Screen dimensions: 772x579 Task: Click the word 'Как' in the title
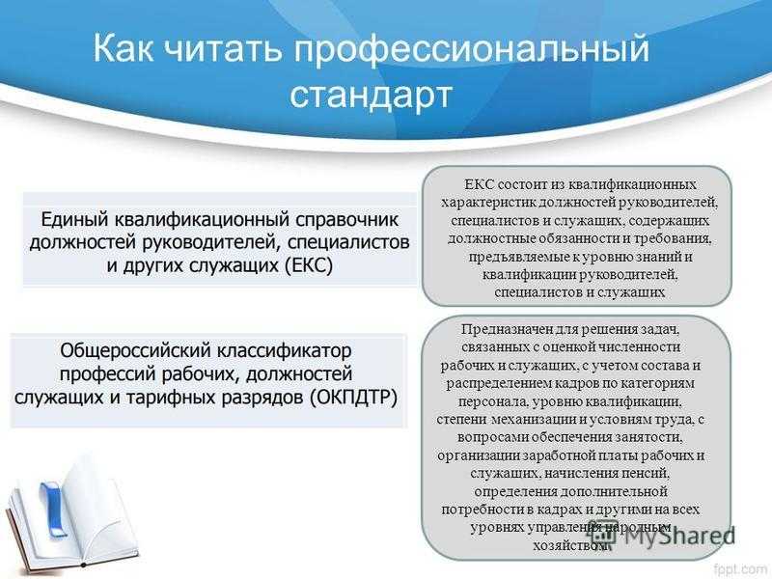tap(123, 48)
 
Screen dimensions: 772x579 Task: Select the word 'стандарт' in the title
tap(371, 95)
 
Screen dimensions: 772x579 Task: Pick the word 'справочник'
tap(347, 220)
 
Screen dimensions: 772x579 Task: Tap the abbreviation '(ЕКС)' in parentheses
tap(309, 266)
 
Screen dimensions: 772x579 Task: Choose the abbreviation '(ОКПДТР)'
tap(354, 398)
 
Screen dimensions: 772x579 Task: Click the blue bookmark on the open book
tap(53, 509)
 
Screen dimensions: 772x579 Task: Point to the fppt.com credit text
tap(742, 569)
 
